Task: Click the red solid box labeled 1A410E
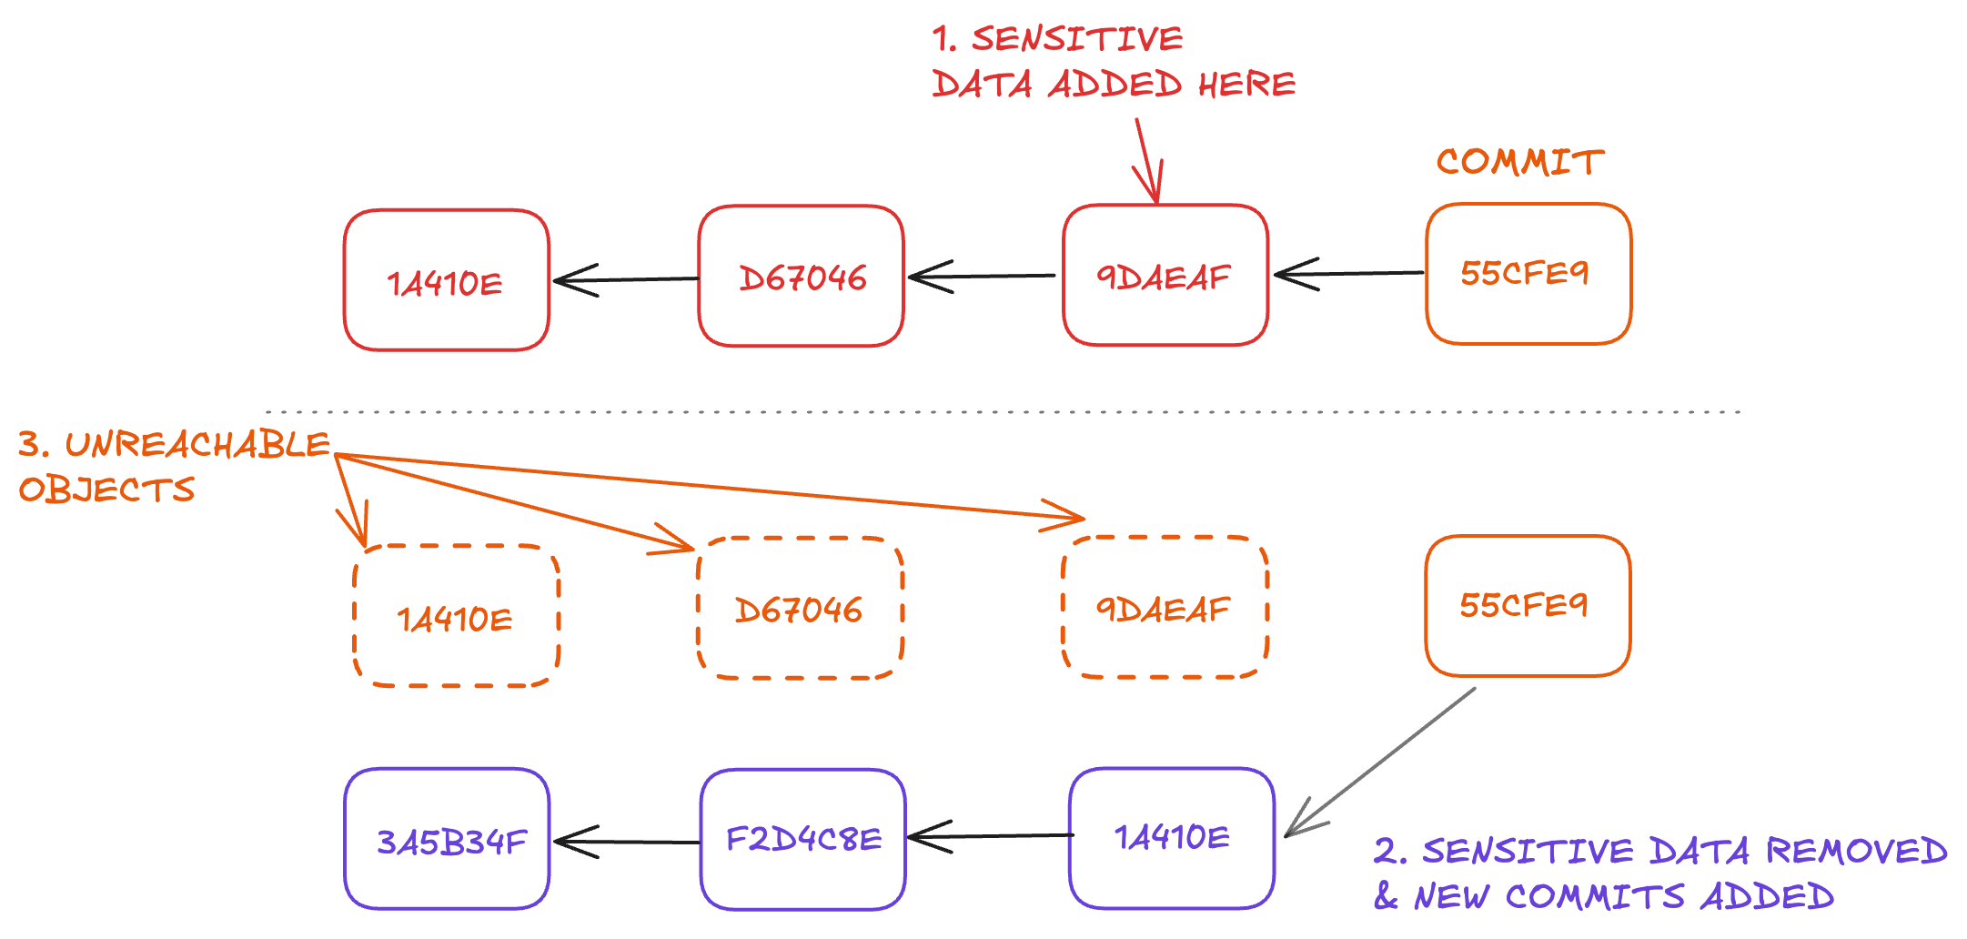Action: [x=446, y=280]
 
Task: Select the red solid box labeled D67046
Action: [x=801, y=277]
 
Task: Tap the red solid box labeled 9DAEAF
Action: [x=1165, y=276]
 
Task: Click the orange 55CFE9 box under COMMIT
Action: [x=1528, y=274]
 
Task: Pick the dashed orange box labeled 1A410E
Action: [x=456, y=617]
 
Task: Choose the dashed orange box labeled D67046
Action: [x=800, y=608]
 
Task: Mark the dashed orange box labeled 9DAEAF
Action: [x=1165, y=608]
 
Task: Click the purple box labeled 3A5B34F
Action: [x=447, y=839]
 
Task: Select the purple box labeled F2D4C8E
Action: [x=802, y=839]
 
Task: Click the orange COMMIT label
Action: [x=1519, y=162]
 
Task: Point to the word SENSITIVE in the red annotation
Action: [x=1076, y=39]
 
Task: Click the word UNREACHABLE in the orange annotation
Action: [x=197, y=445]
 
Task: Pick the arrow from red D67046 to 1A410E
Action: [x=626, y=279]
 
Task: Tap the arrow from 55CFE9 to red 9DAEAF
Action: [x=1348, y=273]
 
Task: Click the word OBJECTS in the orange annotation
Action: [x=106, y=490]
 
